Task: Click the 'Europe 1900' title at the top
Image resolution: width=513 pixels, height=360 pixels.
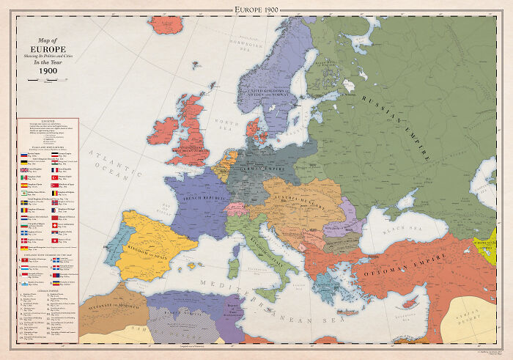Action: click(x=256, y=8)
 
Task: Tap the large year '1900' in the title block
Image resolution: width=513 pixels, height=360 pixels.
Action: click(x=48, y=72)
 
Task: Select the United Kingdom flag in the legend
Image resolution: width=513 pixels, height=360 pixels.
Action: click(x=22, y=168)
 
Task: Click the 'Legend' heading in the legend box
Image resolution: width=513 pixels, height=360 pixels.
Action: click(x=48, y=122)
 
